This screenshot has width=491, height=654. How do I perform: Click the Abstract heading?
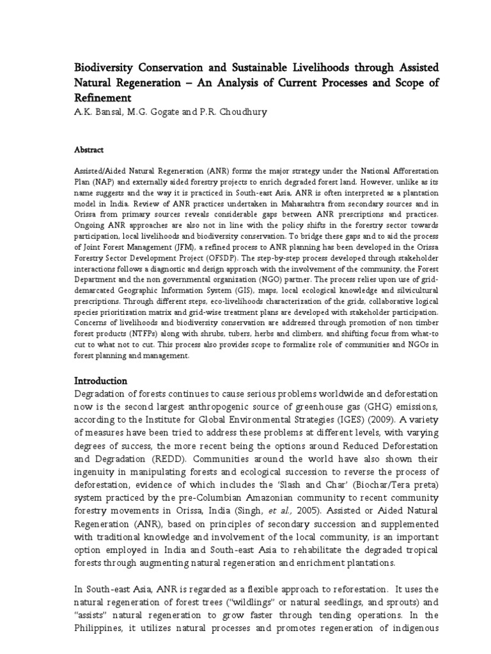[89, 149]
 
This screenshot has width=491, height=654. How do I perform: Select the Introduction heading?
[101, 381]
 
